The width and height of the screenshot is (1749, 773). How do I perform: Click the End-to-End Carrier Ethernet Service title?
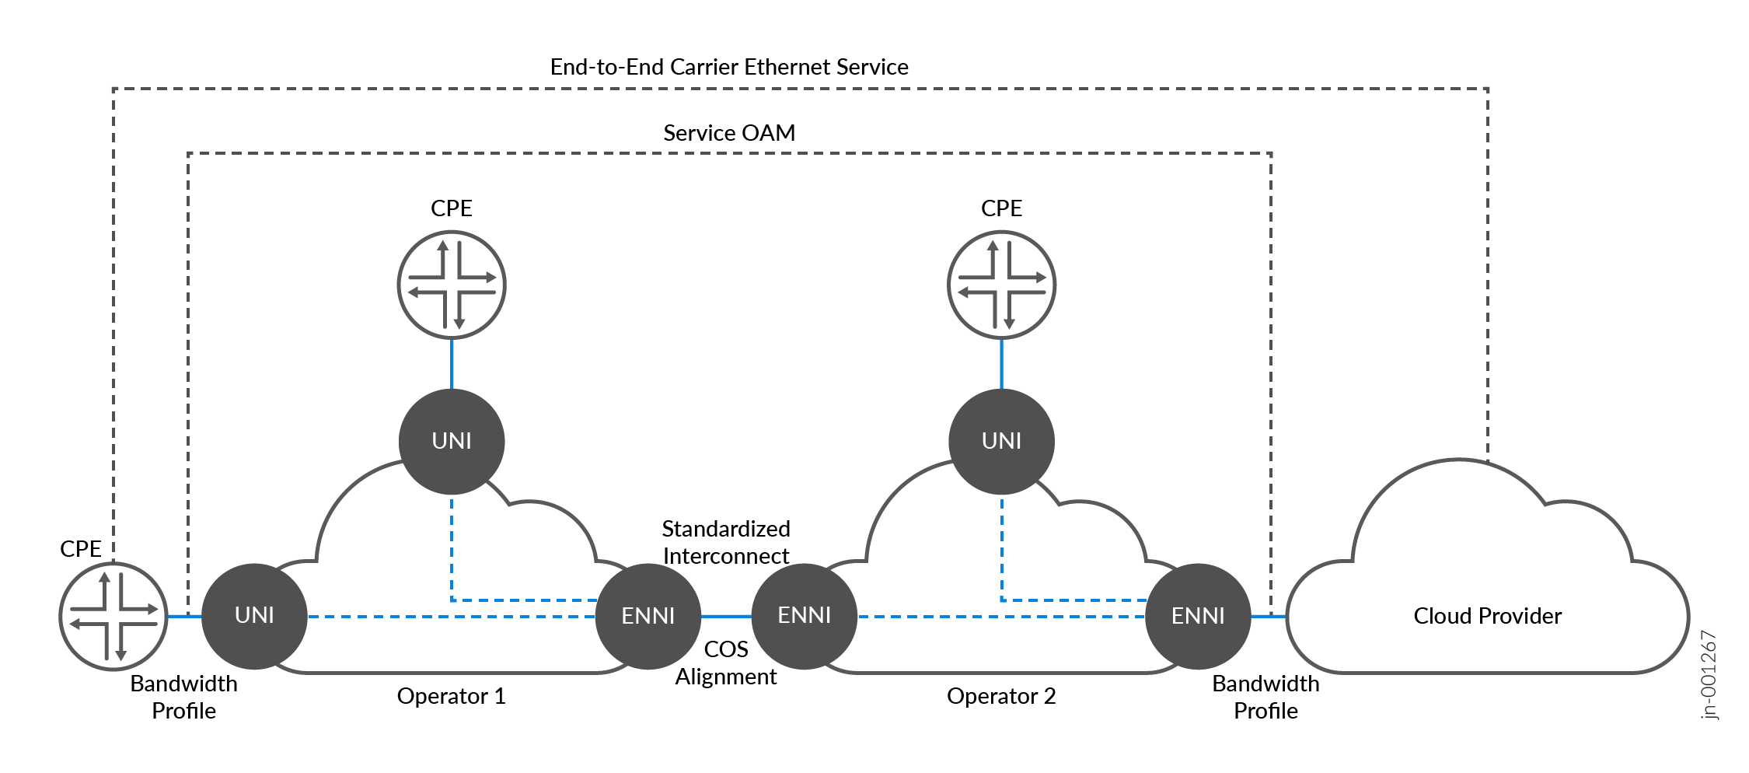pyautogui.click(x=728, y=67)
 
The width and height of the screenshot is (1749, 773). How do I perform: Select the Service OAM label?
pyautogui.click(x=728, y=133)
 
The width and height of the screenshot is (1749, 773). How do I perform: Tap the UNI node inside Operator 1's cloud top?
pyautogui.click(x=452, y=441)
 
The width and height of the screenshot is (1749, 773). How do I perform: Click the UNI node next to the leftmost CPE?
pyautogui.click(x=254, y=615)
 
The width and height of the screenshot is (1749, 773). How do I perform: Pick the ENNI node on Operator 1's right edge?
pyautogui.click(x=648, y=616)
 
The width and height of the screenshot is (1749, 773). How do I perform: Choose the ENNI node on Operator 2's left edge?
pyautogui.click(x=805, y=615)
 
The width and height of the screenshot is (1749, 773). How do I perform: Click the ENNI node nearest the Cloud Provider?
pyautogui.click(x=1198, y=616)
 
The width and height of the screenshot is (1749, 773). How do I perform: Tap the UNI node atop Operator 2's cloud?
pyautogui.click(x=1001, y=441)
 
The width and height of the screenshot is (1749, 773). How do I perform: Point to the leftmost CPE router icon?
pyautogui.click(x=113, y=616)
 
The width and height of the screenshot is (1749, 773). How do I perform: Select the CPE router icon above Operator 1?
pyautogui.click(x=452, y=285)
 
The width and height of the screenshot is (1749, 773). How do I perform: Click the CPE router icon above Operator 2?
pyautogui.click(x=1001, y=285)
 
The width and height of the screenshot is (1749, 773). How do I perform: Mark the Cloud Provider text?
pyautogui.click(x=1487, y=616)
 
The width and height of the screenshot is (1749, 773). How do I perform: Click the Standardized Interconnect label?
pyautogui.click(x=725, y=542)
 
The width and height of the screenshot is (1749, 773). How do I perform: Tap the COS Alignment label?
pyautogui.click(x=725, y=663)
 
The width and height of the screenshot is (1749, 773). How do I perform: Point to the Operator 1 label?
pyautogui.click(x=451, y=696)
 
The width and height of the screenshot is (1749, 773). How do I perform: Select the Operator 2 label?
pyautogui.click(x=1001, y=696)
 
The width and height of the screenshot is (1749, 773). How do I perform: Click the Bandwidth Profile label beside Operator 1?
pyautogui.click(x=183, y=697)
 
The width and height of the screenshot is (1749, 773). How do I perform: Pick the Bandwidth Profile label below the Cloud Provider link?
pyautogui.click(x=1265, y=697)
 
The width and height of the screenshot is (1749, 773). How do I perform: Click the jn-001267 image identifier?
pyautogui.click(x=1709, y=675)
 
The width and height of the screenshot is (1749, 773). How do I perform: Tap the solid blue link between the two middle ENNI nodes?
pyautogui.click(x=726, y=617)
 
